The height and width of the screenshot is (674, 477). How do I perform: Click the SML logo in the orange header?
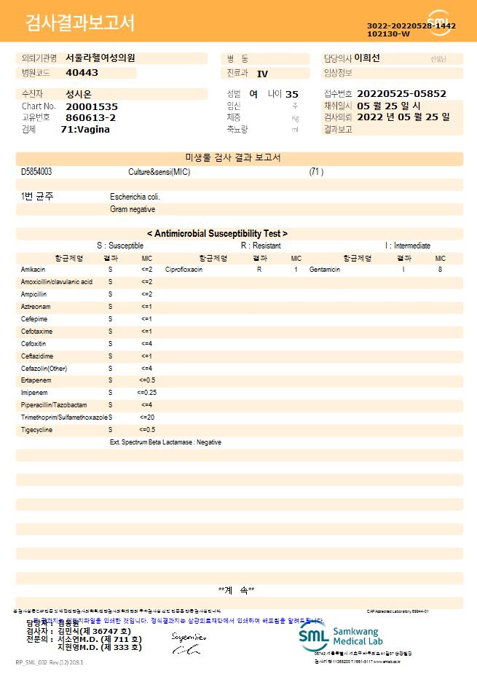tap(439, 21)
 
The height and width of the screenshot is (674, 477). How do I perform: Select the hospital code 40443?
tap(82, 73)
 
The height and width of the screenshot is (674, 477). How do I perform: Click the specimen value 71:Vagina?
tap(85, 129)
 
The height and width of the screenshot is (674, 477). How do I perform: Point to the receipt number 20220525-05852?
tap(401, 94)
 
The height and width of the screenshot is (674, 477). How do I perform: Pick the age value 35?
tap(292, 94)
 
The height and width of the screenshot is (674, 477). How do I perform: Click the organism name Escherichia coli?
tap(135, 197)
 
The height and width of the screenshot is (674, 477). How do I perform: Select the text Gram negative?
tap(133, 209)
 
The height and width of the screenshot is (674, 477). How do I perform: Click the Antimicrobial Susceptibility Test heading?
tap(217, 234)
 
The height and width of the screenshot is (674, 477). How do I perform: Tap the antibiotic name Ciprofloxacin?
tap(184, 270)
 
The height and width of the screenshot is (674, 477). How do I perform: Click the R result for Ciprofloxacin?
tap(259, 270)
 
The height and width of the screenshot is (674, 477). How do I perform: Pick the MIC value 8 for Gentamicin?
tap(440, 270)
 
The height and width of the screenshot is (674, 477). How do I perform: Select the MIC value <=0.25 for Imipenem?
tap(146, 393)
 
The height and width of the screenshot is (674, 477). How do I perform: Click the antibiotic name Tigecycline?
tap(37, 430)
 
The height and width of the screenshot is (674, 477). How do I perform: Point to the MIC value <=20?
tap(146, 418)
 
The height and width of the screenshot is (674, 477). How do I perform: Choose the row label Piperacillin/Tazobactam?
tap(54, 405)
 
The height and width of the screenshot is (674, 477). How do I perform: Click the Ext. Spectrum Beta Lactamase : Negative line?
tap(165, 442)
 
